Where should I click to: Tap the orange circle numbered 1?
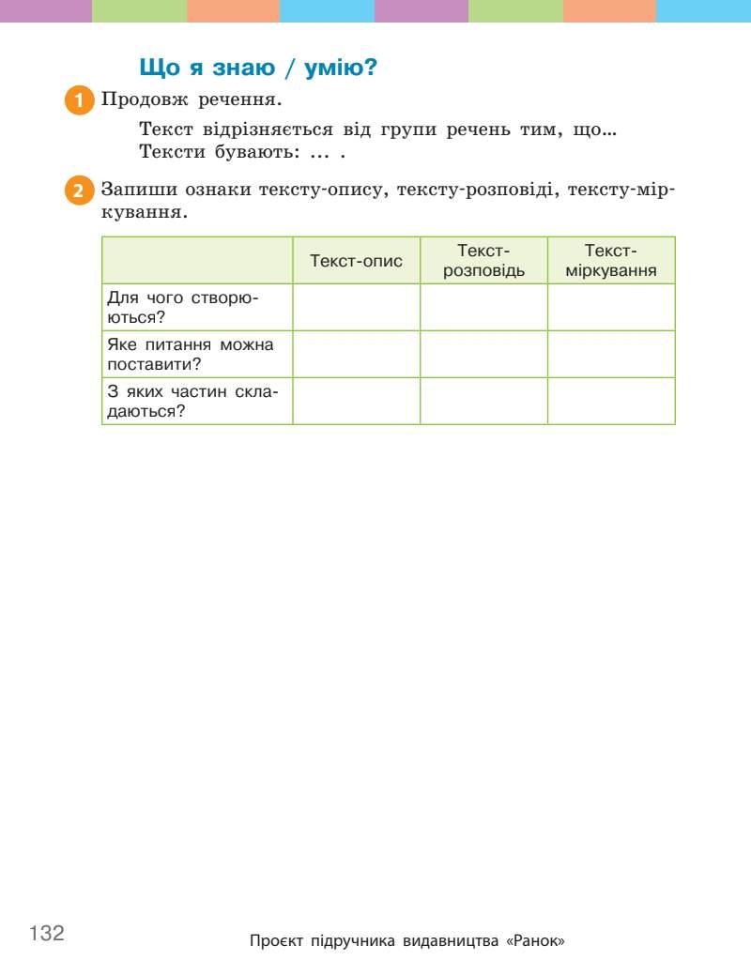pos(80,100)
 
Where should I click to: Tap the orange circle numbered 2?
pos(80,191)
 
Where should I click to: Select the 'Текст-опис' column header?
pos(356,261)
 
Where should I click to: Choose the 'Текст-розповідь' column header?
pos(483,261)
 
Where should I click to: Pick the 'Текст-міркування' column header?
pos(611,261)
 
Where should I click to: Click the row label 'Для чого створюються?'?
pos(183,307)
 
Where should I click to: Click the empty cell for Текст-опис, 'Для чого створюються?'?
pos(356,307)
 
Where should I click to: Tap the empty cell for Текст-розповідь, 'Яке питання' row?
pos(483,354)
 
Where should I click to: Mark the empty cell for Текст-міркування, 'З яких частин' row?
pos(611,401)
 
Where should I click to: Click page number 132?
pos(47,933)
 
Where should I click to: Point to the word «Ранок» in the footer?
pos(535,940)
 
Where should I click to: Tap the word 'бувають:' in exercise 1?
pos(248,152)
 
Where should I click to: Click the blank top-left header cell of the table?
pos(197,261)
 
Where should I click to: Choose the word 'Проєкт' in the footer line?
pos(277,940)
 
